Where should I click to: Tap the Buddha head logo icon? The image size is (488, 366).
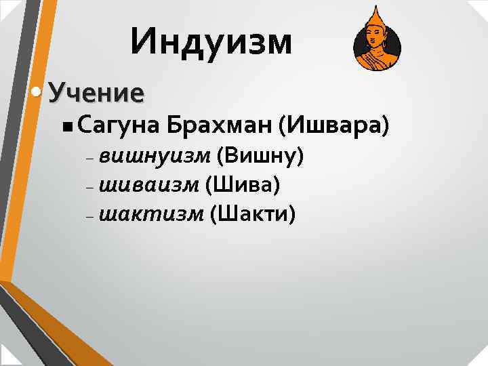377,42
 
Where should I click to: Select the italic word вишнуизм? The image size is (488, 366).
155,158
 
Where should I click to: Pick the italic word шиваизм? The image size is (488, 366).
149,186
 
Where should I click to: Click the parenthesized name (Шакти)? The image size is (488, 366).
253,214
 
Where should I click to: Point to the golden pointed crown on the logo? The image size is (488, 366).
373,15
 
